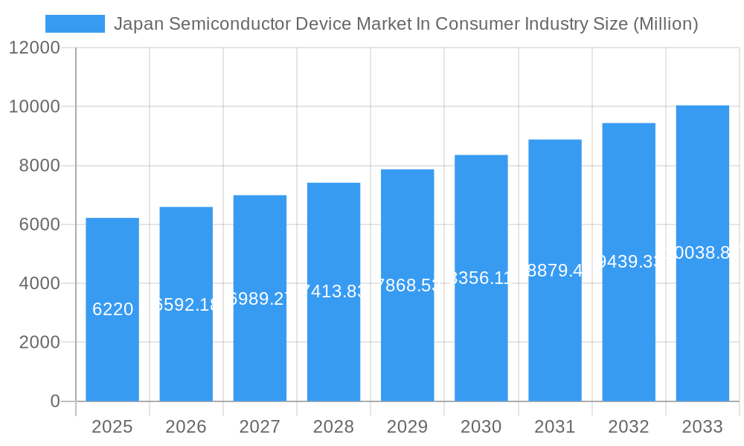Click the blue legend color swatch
[75, 24]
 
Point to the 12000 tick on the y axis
[34, 48]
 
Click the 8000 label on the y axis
[39, 166]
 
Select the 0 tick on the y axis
[55, 401]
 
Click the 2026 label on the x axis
[186, 427]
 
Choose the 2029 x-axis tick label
[408, 427]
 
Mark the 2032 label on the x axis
[629, 427]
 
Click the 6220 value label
[112, 309]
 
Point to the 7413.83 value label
[333, 291]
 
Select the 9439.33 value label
[629, 262]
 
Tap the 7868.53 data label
[408, 285]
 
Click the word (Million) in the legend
[665, 24]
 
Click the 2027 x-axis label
[260, 427]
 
